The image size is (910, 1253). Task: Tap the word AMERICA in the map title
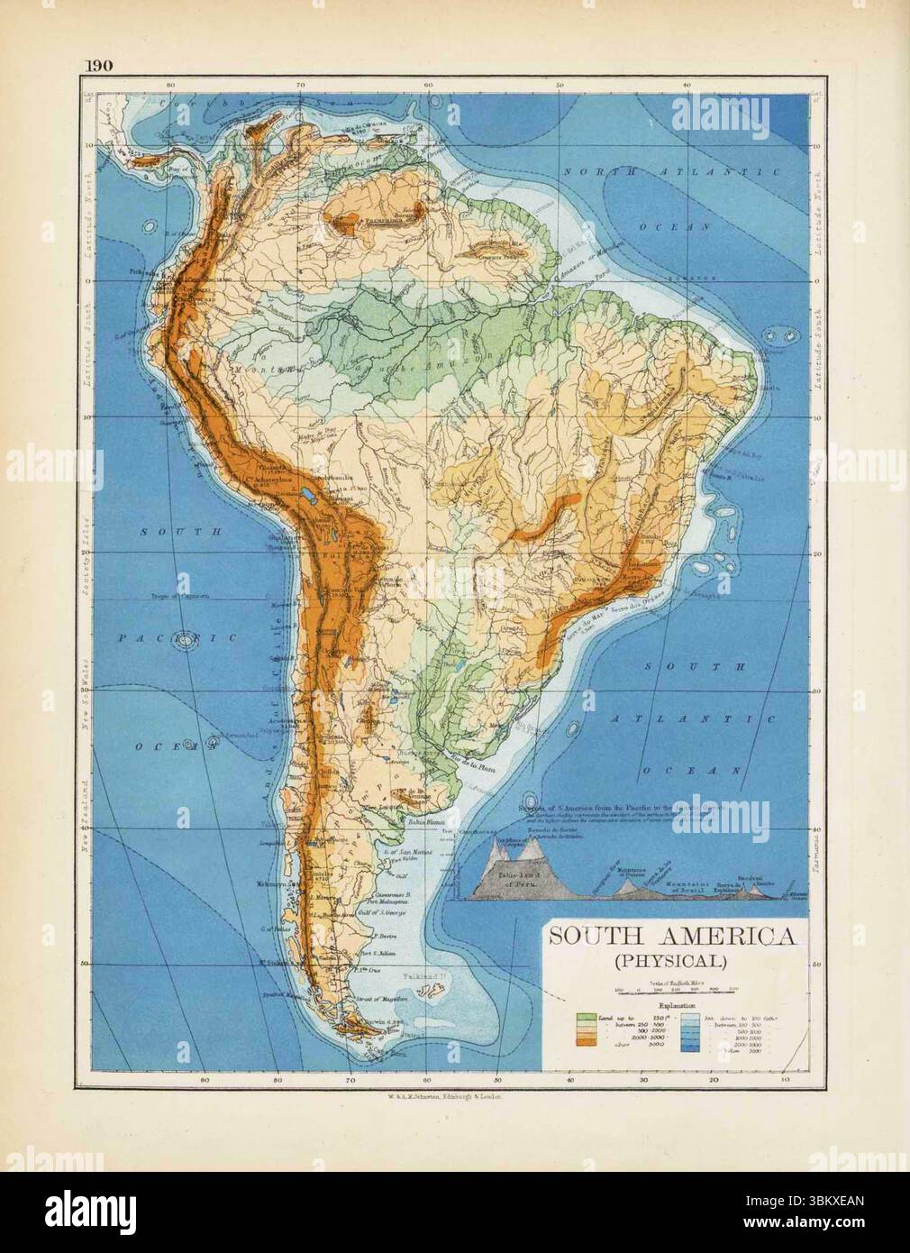click(x=725, y=937)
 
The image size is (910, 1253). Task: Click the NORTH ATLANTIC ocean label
click(x=668, y=171)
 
